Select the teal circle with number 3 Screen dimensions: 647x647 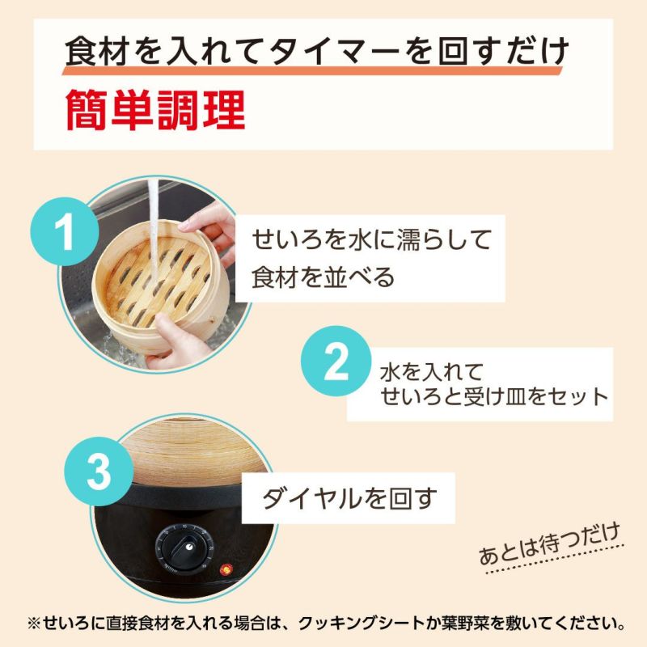(99, 475)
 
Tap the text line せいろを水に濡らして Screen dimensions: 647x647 (372, 240)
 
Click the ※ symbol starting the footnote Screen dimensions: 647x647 (33, 624)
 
